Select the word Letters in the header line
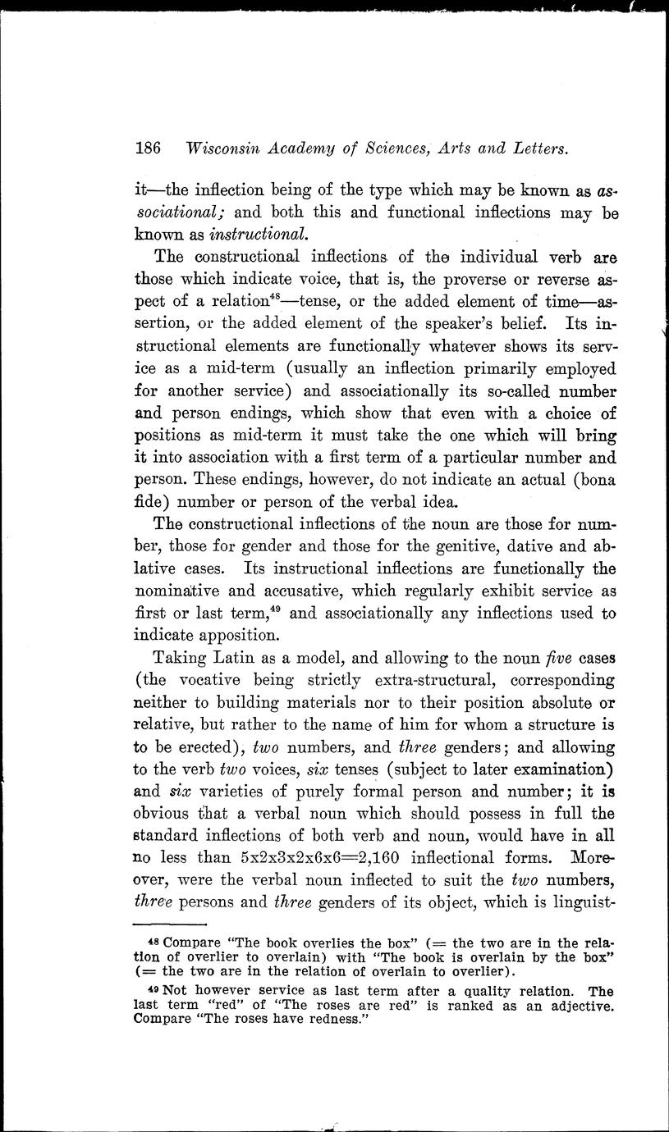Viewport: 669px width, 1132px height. point(533,149)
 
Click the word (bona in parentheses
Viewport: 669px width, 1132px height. point(595,479)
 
